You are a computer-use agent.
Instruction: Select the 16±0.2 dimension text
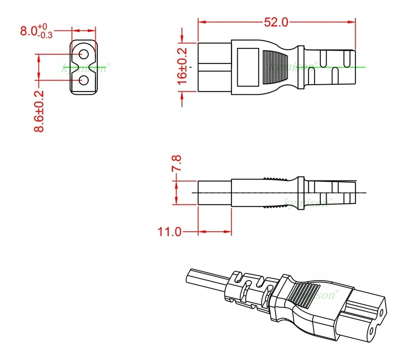pyautogui.click(x=182, y=67)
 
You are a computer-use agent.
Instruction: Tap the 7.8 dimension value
pyautogui.click(x=176, y=163)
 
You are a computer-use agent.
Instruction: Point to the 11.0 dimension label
pyautogui.click(x=170, y=232)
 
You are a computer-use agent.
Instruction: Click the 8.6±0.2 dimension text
pyautogui.click(x=39, y=111)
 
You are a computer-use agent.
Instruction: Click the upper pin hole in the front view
pyautogui.click(x=84, y=54)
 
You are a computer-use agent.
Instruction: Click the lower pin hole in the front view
pyautogui.click(x=84, y=80)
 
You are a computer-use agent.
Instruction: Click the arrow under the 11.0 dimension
pyautogui.click(x=215, y=232)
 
